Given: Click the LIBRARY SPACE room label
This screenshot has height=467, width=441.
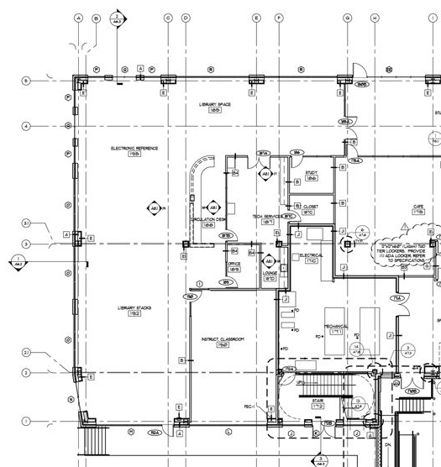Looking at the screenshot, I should pos(208,106).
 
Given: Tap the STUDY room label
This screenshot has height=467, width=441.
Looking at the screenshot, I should pos(311,175).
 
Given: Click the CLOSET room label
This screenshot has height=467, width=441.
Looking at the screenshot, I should pos(310,209).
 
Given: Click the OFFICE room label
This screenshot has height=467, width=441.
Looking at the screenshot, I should pos(234,265).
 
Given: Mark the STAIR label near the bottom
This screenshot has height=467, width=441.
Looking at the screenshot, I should pos(318,403).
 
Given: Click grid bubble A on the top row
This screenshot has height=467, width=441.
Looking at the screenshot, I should pos(78,17).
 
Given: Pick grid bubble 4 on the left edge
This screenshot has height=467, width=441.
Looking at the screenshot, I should pos(26,126).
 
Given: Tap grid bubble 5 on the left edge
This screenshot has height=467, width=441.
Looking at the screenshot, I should pos(26,81).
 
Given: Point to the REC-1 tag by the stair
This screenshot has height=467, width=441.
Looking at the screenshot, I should pos(249,407).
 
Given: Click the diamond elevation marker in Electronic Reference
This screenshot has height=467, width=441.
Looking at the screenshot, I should pos(154,207).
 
